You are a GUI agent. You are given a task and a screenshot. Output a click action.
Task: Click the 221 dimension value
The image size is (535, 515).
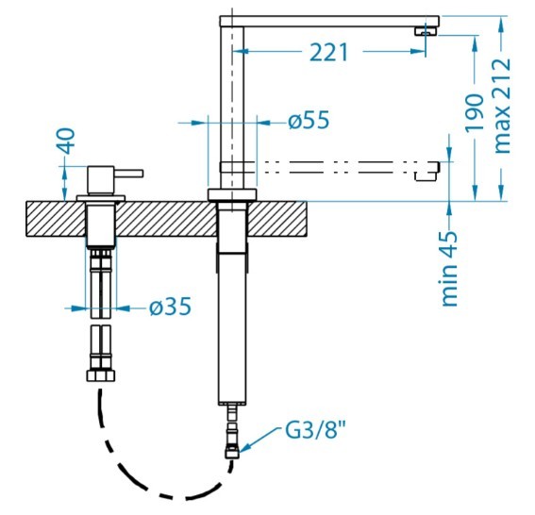329,52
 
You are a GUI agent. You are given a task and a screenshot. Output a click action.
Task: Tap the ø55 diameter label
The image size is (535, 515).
309,120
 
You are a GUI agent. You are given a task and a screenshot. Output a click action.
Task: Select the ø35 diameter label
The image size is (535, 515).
170,306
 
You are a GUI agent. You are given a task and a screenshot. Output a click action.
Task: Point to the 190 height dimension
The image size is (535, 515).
475,112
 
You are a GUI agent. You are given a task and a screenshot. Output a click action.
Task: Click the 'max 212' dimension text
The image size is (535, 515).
502,106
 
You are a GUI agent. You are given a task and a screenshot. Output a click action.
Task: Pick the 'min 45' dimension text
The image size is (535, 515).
449,269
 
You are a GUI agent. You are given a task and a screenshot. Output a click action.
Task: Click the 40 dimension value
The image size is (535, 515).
66,141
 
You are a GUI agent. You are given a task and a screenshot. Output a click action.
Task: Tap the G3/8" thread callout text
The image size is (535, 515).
315,430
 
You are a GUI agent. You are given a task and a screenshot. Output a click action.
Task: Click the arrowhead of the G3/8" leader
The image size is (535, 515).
242,450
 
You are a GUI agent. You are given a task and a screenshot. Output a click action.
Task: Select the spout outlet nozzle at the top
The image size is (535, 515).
426,31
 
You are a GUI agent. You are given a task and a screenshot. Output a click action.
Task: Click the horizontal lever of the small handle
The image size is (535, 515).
128,174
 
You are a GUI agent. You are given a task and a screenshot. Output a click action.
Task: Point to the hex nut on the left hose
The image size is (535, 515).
101,375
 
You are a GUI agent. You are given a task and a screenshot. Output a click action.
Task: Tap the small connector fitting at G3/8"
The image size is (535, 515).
232,454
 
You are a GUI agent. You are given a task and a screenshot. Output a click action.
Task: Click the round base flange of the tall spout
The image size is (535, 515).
232,194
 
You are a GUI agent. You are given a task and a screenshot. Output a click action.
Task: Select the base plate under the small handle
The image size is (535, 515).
101,198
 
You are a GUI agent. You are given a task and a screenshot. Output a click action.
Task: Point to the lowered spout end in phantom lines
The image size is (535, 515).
427,172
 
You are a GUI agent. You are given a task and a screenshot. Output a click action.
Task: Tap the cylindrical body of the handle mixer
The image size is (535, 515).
101,180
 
